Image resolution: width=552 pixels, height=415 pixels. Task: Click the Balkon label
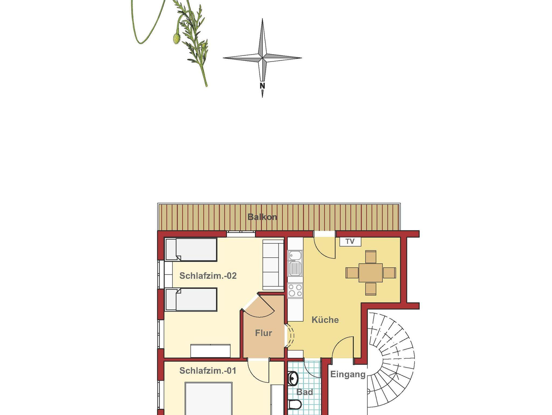(262, 217)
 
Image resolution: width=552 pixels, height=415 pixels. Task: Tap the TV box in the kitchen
(350, 241)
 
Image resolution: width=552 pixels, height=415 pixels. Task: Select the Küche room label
(325, 320)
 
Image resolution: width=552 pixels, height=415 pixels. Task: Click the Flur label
(263, 333)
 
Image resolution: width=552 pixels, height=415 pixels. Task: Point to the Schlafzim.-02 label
(208, 276)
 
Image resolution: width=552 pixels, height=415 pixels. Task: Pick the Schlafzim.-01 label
(208, 371)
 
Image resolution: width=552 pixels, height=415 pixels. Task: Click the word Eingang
(348, 375)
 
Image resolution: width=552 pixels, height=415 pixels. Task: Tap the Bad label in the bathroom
(305, 392)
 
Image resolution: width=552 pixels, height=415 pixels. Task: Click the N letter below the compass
(262, 86)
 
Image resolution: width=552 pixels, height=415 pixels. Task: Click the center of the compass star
(262, 58)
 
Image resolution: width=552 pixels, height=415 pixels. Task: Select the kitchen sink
(295, 263)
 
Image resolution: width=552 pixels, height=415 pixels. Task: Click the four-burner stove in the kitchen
(295, 291)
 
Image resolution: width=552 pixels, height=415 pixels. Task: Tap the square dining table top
(371, 273)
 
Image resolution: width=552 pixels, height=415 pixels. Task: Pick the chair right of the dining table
(389, 273)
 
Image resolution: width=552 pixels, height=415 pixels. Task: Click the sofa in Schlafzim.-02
(273, 265)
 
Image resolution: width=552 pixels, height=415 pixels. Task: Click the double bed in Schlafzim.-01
(209, 399)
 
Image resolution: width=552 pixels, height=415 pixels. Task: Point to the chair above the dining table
(371, 257)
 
